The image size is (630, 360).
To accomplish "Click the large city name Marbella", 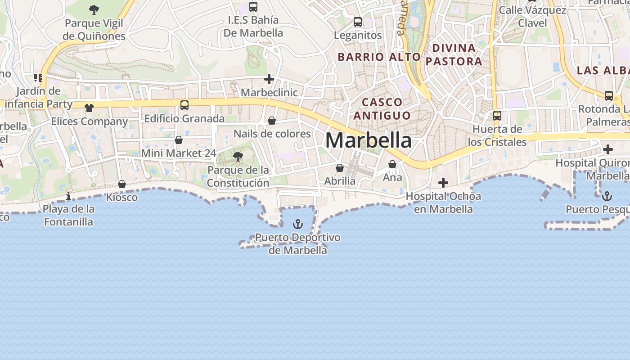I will click(x=368, y=140).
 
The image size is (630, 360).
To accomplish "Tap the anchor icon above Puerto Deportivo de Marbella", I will click(x=297, y=224).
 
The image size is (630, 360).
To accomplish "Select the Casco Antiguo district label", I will click(x=382, y=109).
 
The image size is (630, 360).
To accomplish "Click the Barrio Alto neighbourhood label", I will click(x=379, y=57).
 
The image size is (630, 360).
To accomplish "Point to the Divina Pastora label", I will click(x=454, y=54).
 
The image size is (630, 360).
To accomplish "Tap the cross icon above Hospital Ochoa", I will click(x=443, y=182).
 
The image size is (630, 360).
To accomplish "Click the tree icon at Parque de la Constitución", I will click(x=238, y=157).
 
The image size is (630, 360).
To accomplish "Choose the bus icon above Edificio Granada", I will click(x=184, y=105).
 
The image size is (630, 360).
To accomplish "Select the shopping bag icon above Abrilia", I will click(x=340, y=168).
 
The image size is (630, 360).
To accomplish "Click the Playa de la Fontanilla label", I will click(x=69, y=215).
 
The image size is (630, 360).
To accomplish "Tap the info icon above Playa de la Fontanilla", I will click(x=68, y=196).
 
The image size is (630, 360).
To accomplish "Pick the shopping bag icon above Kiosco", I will click(x=122, y=184).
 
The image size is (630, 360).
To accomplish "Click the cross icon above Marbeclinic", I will click(x=269, y=80).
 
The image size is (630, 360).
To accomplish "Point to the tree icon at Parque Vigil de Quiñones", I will click(x=94, y=9).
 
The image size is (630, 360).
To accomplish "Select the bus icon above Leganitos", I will click(x=358, y=22).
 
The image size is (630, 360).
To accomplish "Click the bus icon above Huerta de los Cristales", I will click(x=497, y=116).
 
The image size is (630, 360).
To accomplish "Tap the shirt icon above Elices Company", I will click(x=89, y=108).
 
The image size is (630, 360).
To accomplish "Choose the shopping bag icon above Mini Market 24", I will click(x=179, y=140).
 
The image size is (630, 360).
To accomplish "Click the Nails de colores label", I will click(x=272, y=134).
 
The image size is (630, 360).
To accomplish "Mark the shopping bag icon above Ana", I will click(x=392, y=164).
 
